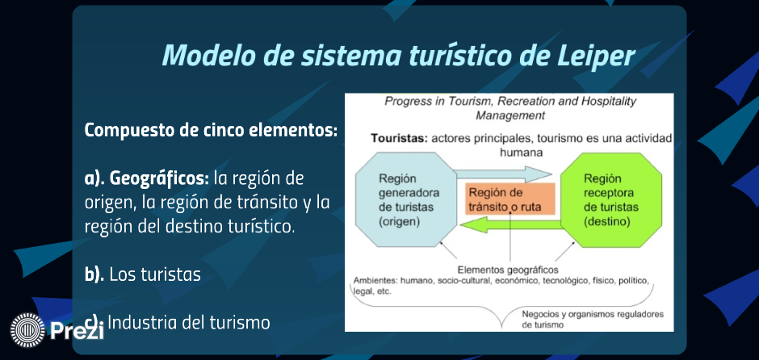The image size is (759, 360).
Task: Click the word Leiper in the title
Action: [x=594, y=55]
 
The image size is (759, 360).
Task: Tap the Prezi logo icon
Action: [x=27, y=330]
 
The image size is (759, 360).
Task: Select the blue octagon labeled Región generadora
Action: [x=406, y=200]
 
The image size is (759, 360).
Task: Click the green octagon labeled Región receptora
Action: [x=611, y=200]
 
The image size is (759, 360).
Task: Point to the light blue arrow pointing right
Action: [x=504, y=174]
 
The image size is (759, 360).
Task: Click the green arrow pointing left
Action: [x=510, y=224]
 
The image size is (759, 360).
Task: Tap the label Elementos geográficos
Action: [x=508, y=270]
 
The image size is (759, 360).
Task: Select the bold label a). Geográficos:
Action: [x=147, y=178]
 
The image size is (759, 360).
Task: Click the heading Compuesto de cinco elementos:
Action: [x=211, y=131]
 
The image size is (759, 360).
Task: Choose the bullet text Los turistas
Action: [x=155, y=274]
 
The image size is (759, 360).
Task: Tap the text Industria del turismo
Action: [x=188, y=322]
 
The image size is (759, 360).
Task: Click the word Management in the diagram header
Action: [x=510, y=116]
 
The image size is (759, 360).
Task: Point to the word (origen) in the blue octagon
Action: [x=400, y=222]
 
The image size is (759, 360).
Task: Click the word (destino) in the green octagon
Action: [x=607, y=222]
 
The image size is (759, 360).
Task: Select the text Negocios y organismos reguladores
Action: [x=593, y=315]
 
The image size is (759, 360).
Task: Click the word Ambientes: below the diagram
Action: [x=375, y=281]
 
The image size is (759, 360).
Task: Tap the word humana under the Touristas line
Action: [x=521, y=152]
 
